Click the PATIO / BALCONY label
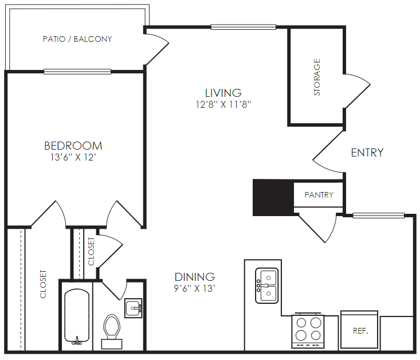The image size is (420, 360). [77, 39]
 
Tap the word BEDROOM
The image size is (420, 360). [73, 146]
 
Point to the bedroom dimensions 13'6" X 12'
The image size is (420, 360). [73, 157]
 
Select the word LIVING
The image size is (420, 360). [223, 93]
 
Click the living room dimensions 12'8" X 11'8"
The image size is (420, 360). [223, 104]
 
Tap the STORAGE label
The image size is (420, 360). [317, 77]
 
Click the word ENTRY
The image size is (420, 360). [367, 152]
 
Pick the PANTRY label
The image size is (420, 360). [319, 195]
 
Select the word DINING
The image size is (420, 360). [194, 277]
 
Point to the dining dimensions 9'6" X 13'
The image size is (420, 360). [194, 288]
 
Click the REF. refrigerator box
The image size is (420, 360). [359, 330]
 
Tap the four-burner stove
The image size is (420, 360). [308, 331]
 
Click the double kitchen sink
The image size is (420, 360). [267, 285]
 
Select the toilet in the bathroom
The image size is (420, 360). [112, 331]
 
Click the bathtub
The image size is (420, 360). [77, 317]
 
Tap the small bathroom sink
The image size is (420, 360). [133, 308]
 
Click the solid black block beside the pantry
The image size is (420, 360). [273, 198]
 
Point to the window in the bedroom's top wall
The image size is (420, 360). [77, 72]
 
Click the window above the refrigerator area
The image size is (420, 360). [378, 215]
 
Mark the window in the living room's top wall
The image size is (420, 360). [243, 27]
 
